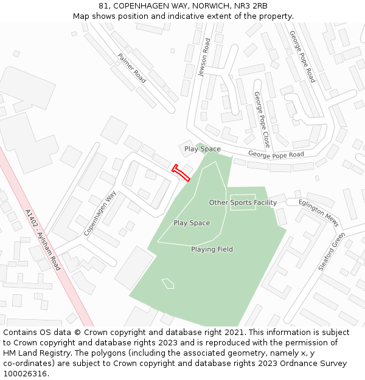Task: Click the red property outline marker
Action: [181, 173]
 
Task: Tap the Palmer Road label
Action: [132, 68]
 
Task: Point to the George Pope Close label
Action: [262, 120]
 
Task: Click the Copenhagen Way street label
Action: [100, 213]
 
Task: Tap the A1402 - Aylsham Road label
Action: [43, 240]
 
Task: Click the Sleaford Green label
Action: [332, 251]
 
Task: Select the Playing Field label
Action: [212, 249]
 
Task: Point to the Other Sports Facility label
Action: [243, 202]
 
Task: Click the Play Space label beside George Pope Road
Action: [203, 149]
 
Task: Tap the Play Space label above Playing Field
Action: [192, 223]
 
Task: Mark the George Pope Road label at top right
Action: [302, 57]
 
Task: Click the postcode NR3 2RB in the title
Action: [251, 5]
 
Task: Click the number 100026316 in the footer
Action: [25, 374]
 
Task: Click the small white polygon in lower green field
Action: [168, 283]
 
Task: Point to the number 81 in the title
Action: [103, 5]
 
